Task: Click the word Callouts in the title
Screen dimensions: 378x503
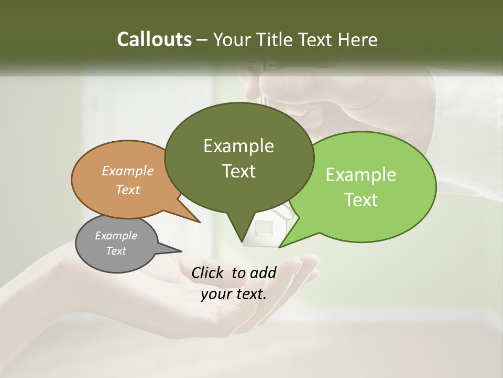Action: point(154,39)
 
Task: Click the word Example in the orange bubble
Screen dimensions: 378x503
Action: point(127,171)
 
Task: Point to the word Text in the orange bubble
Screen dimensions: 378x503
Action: point(127,190)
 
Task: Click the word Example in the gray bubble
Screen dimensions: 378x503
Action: point(116,236)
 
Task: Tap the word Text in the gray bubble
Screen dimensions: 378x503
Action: point(116,251)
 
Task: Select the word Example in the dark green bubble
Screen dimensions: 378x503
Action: point(238,146)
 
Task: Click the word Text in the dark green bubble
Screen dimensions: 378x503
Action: point(238,171)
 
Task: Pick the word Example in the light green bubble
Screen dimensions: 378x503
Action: point(361,175)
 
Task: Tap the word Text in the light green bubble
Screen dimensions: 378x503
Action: point(361,200)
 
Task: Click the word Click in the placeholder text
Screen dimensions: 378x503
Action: point(209,272)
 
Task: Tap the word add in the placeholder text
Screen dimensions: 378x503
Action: point(263,272)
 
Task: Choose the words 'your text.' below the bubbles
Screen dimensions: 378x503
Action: point(234,294)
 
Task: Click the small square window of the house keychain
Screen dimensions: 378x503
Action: point(264,228)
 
